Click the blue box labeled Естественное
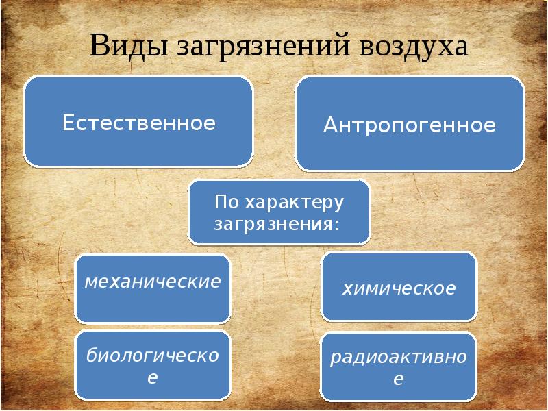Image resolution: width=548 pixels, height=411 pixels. tap(138, 121)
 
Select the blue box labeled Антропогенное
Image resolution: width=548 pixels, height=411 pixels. tap(410, 123)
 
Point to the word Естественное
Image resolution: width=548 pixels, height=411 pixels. tap(139, 123)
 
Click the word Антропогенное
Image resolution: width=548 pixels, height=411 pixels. tap(410, 125)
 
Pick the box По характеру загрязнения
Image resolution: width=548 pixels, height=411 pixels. tap(279, 212)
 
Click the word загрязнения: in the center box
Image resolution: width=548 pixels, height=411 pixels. tap(277, 224)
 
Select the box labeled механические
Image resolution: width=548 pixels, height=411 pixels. tap(152, 288)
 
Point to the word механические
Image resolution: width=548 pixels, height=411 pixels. tap(152, 281)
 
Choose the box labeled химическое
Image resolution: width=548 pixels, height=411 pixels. tap(399, 286)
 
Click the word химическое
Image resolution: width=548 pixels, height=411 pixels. tap(399, 288)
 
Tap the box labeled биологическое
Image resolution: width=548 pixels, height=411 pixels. tap(152, 365)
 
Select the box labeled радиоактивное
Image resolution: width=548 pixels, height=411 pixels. tap(399, 367)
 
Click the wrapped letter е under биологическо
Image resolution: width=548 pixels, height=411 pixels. tap(153, 377)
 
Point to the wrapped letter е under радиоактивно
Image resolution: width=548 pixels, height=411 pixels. tap(399, 379)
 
